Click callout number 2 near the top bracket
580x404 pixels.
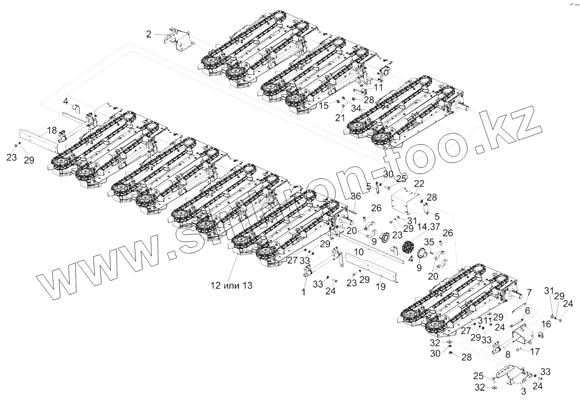pos(149,33)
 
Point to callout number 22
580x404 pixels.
pos(418,184)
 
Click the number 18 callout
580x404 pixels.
pos(52,130)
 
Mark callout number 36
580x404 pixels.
pos(355,196)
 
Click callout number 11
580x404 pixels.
pos(378,87)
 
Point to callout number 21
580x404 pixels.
pos(340,117)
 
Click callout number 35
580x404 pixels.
pos(429,242)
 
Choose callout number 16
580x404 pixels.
pos(547,325)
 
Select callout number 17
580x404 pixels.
pos(534,351)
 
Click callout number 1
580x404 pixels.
pos(304,293)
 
